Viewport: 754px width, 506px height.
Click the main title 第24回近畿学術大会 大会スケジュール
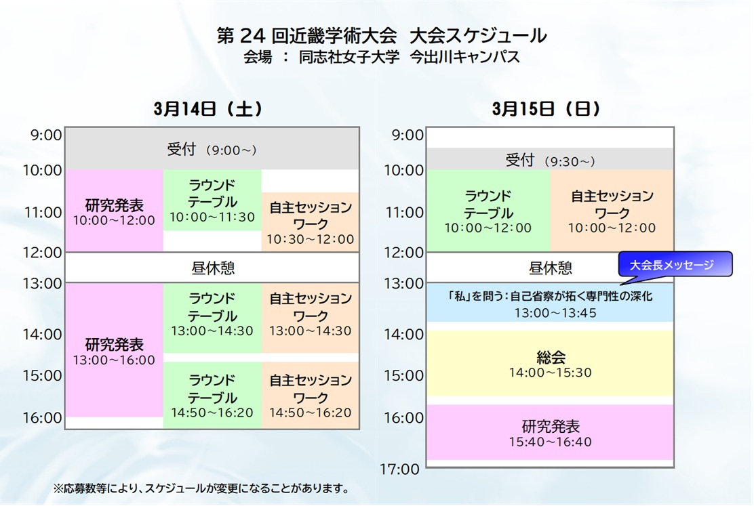pyautogui.click(x=381, y=35)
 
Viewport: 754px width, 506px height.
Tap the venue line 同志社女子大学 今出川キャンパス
pyautogui.click(x=409, y=57)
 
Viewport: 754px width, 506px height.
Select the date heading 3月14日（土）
pyautogui.click(x=207, y=109)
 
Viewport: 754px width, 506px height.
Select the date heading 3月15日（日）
pyautogui.click(x=546, y=109)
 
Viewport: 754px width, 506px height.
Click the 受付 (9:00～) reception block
pyautogui.click(x=212, y=148)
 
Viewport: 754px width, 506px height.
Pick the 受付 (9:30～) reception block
pyautogui.click(x=550, y=159)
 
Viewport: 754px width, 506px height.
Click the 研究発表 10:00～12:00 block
pyautogui.click(x=115, y=210)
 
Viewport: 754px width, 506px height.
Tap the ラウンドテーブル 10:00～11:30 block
pyautogui.click(x=212, y=200)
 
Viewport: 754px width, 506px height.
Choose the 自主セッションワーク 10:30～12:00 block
pyautogui.click(x=310, y=222)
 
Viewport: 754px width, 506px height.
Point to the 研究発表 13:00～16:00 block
pyautogui.click(x=115, y=350)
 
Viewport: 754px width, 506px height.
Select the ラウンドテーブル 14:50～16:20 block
pyautogui.click(x=212, y=395)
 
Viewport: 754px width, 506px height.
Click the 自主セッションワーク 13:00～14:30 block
pyautogui.click(x=310, y=318)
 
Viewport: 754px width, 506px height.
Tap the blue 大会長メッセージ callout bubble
pyautogui.click(x=675, y=264)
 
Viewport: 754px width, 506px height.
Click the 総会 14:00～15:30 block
pyautogui.click(x=550, y=363)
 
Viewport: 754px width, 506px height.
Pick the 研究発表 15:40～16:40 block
pyautogui.click(x=550, y=432)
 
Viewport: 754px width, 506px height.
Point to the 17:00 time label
pyautogui.click(x=399, y=469)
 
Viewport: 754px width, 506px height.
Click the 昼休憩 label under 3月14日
pyautogui.click(x=212, y=268)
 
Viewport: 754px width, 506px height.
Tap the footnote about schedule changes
pyautogui.click(x=201, y=488)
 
